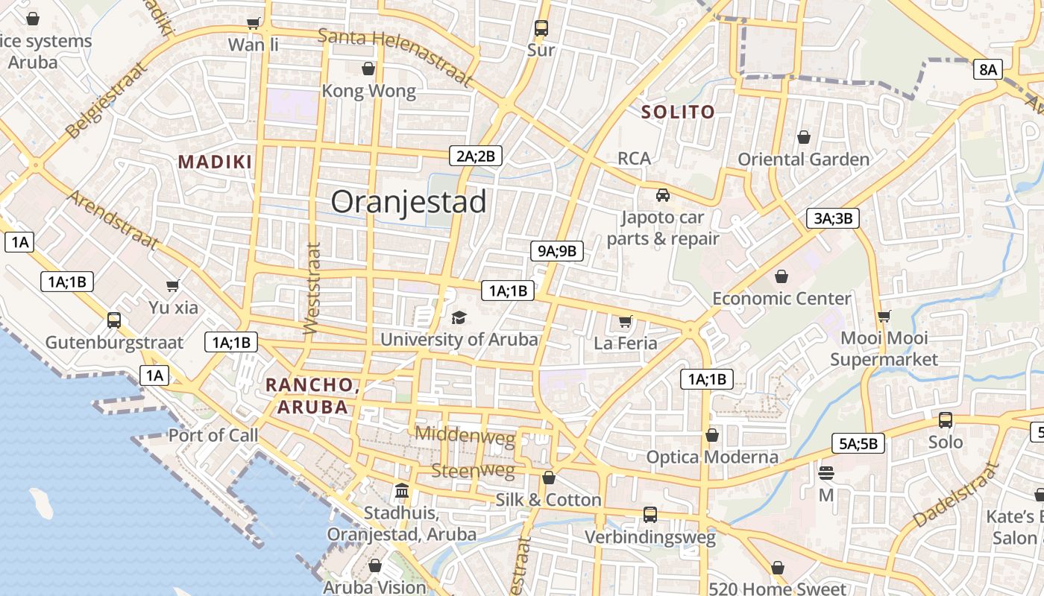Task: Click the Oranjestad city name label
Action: coord(409,202)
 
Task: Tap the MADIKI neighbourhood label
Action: coord(215,162)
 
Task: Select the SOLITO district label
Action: coord(679,112)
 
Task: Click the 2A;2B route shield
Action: coord(476,156)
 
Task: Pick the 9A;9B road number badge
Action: coord(557,251)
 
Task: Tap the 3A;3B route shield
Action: coord(833,218)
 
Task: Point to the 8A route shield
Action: coord(987,70)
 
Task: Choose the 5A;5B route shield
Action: coord(858,444)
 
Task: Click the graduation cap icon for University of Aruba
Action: coord(459,318)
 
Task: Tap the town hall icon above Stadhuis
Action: coord(402,491)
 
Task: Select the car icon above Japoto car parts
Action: coord(662,195)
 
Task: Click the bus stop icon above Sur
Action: coord(541,28)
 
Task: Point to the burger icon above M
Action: coord(826,473)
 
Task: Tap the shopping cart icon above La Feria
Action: coord(625,322)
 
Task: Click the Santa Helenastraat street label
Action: coord(395,57)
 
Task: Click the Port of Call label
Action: coord(213,435)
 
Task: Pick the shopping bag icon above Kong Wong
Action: coord(368,69)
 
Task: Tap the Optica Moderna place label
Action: coord(712,457)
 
